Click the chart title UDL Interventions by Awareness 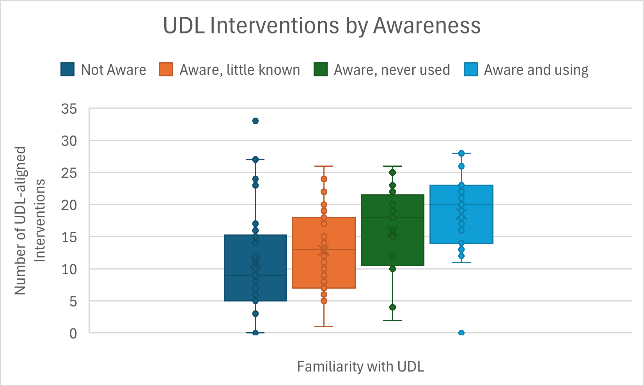point(321,26)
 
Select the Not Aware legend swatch point(67,70)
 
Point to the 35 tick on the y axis point(69,109)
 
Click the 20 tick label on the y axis point(69,205)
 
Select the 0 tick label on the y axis point(73,333)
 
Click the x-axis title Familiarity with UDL point(360,367)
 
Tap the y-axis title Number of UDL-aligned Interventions point(30,220)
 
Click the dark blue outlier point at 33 point(255,121)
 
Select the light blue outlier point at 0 point(461,333)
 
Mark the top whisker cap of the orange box point(324,166)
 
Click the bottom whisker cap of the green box point(392,320)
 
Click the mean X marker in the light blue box point(461,214)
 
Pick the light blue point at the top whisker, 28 point(461,153)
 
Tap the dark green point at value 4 point(392,307)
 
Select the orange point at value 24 point(324,179)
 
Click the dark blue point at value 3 point(255,314)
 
